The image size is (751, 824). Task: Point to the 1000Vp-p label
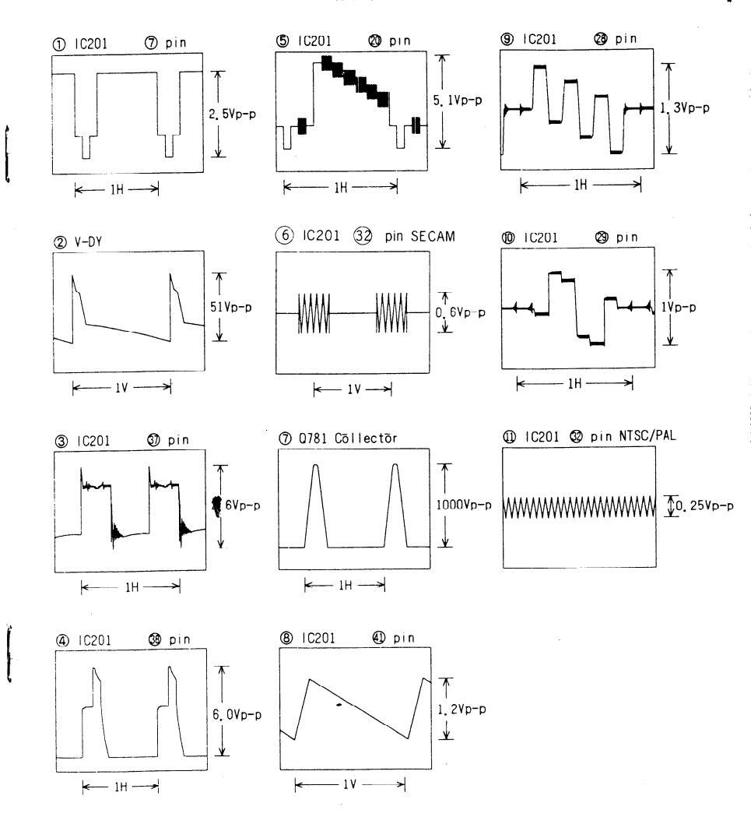471,505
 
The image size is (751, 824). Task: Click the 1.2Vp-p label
465,710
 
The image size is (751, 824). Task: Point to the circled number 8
284,638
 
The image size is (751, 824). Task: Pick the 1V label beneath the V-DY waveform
121,387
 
